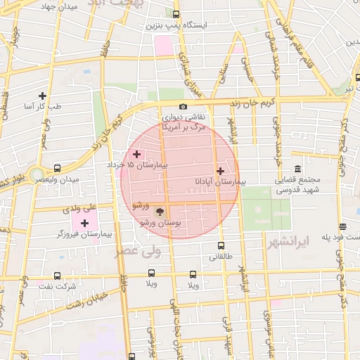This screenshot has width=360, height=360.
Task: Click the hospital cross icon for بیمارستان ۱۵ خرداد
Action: coord(136,153)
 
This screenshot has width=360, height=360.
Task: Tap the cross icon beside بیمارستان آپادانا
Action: coord(220,171)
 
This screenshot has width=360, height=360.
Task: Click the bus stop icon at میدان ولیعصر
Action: coord(56,169)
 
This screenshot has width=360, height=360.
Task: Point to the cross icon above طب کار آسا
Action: coord(42,96)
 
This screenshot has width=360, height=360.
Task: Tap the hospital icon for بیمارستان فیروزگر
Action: coord(85,223)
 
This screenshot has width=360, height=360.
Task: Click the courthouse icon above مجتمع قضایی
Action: coord(298,169)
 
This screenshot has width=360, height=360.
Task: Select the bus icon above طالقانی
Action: coord(221,246)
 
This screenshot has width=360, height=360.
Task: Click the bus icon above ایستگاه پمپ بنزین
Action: coord(175,14)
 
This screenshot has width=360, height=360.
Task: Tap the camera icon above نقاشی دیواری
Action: coord(183,107)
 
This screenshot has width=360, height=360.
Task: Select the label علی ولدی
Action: coord(79,208)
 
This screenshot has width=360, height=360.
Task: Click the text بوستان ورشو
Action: coord(161,222)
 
